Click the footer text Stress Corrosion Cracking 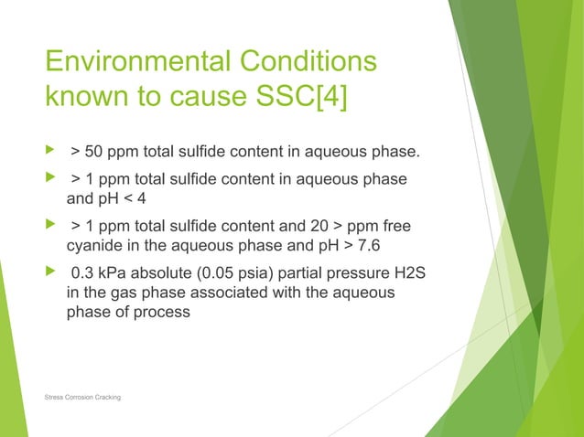pyautogui.click(x=82, y=398)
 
